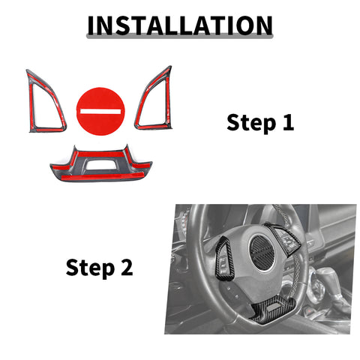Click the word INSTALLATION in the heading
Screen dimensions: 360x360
180,25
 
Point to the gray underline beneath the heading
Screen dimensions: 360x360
180,37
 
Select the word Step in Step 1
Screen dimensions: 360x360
251,123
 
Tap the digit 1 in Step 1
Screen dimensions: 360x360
288,122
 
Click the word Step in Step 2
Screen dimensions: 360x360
90,268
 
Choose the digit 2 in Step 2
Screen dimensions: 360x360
127,267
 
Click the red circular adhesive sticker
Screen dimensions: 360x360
100,111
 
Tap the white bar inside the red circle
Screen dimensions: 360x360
100,111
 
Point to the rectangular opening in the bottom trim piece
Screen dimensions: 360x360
100,163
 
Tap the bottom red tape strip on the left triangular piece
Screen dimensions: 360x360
47,130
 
